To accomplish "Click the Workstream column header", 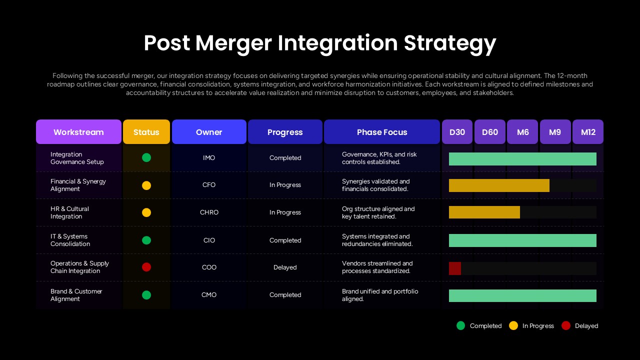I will [78, 132].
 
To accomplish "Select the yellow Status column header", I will [146, 132].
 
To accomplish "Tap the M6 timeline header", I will [522, 132].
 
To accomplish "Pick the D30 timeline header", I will [457, 132].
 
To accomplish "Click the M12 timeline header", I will [588, 132].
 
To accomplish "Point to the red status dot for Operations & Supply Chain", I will [146, 267].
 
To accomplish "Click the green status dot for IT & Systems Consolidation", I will [146, 240].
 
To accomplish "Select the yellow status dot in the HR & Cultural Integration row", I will [146, 212].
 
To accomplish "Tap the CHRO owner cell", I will [209, 212].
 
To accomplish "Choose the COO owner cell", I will [209, 267].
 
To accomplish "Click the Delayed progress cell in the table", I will [285, 267].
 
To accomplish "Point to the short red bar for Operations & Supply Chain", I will [455, 268].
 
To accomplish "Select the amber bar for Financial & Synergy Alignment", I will [499, 185].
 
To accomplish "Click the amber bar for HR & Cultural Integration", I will [484, 212].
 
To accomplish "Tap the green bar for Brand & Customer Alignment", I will [522, 295].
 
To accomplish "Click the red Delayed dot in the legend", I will [566, 325].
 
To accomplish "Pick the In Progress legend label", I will [538, 326].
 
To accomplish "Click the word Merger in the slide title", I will [233, 43].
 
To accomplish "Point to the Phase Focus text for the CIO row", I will [377, 240].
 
